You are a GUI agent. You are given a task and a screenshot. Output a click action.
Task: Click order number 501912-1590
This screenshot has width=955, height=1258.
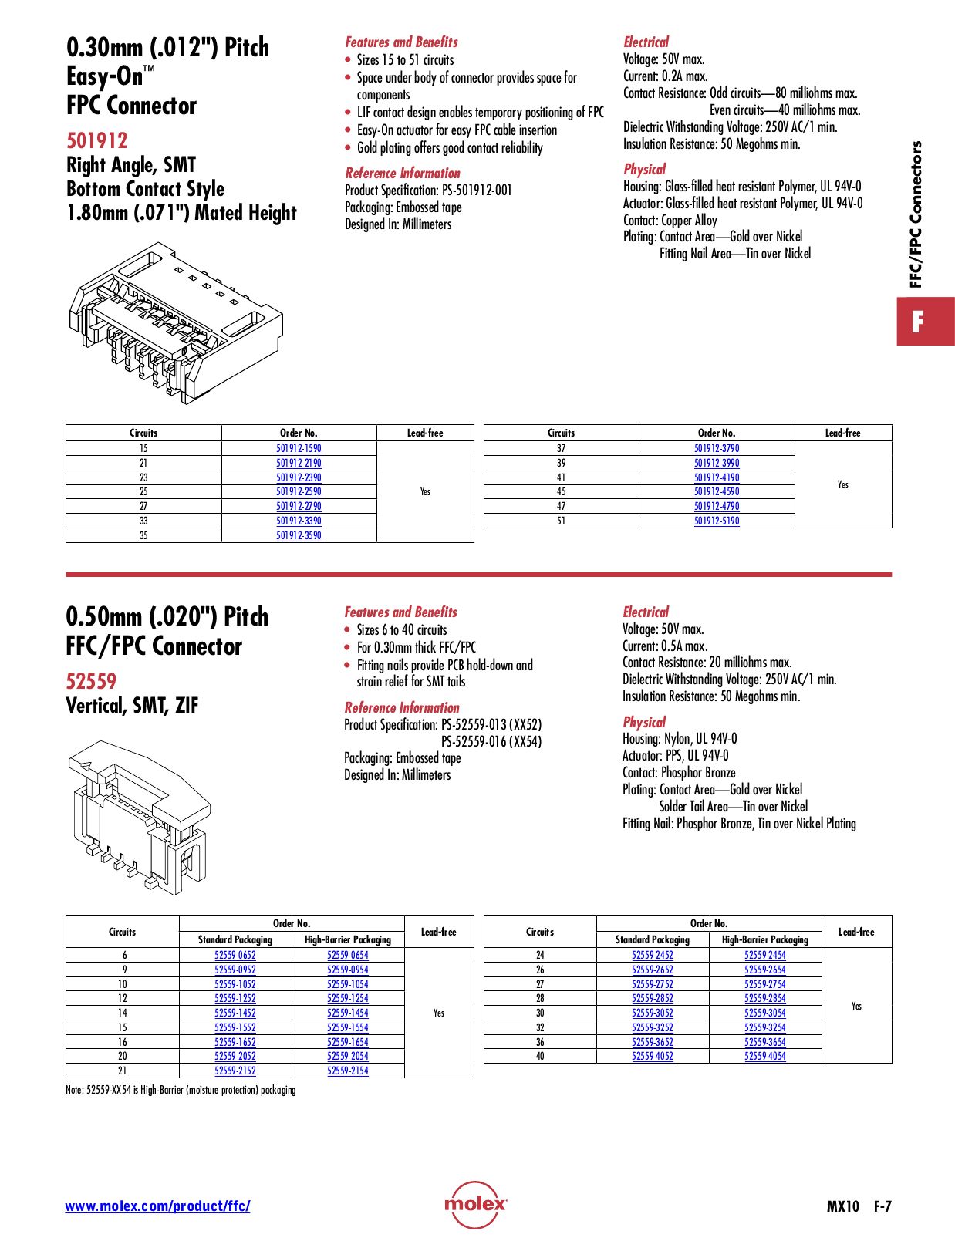pos(299,448)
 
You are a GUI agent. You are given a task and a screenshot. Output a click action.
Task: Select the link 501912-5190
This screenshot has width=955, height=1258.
pos(717,521)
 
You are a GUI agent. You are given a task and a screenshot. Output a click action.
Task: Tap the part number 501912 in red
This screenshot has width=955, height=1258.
pos(97,140)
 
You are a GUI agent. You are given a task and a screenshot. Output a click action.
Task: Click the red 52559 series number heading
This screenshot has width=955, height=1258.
pos(91,681)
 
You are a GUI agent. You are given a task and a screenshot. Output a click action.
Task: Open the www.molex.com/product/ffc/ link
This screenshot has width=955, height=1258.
pos(157,1206)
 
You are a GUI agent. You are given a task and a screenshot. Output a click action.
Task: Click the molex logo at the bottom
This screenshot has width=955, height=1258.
pos(475,1204)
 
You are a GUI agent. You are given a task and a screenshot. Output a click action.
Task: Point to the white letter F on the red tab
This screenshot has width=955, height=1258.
pos(917,322)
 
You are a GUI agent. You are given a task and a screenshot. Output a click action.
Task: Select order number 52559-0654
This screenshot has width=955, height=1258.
pos(348,955)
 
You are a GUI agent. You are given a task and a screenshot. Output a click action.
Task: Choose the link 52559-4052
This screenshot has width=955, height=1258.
pos(653,1056)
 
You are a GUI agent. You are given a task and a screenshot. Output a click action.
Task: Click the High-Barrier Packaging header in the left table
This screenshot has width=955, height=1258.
pos(348,939)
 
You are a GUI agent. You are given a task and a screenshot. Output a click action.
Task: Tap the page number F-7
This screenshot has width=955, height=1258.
pos(882,1206)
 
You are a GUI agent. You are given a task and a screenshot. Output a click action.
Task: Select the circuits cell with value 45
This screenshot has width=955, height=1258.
pos(561,491)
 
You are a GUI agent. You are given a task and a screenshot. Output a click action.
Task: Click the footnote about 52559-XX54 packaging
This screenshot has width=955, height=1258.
pos(181,1090)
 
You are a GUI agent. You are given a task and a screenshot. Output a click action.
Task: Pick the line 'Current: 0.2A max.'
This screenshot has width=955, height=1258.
pos(665,76)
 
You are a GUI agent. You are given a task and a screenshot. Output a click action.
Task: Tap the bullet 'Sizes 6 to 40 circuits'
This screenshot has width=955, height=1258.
pos(401,630)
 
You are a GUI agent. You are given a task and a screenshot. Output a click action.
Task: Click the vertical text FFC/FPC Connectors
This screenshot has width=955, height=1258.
pos(916,214)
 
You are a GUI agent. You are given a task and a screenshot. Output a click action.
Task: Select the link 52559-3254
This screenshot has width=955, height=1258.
pos(764,1027)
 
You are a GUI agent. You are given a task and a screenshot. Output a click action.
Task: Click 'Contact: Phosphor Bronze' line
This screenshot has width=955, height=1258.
pos(679,773)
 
